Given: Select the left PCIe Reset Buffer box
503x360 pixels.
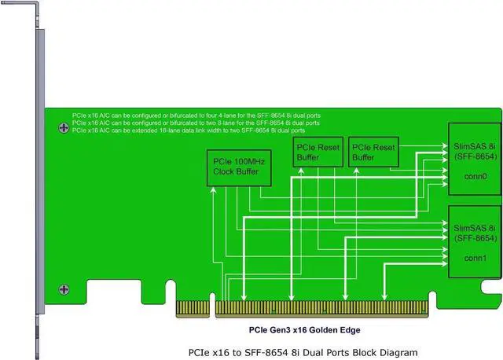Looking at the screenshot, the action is tap(295, 152).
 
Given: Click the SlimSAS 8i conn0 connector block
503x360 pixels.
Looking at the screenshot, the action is tap(474, 162).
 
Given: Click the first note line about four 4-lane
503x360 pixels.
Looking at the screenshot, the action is tap(196, 116).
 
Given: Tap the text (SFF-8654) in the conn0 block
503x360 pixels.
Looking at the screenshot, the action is tap(475, 156).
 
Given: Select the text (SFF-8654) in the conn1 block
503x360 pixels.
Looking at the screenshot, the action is tap(475, 237).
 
